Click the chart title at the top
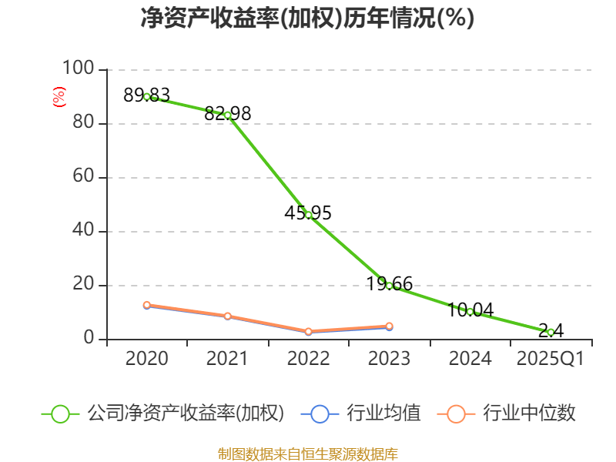pos(307,18)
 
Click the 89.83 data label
pos(146,95)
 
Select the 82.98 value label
pos(228,113)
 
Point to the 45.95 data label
pos(308,213)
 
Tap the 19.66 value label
pos(389,283)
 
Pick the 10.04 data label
pos(470,310)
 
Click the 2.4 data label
pos(551,330)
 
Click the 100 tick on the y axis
pos(78,69)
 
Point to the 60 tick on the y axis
pos(83,177)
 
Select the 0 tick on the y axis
pos(89,339)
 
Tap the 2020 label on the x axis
pos(146,359)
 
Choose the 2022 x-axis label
pos(308,359)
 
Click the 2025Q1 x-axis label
pos(551,359)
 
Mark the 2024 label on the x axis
pos(470,359)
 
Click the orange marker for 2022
pos(308,331)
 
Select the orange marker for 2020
pos(146,305)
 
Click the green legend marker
pos(60,413)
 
